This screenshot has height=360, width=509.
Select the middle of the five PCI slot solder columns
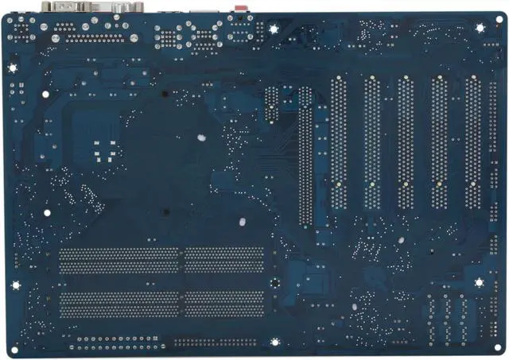click(406, 143)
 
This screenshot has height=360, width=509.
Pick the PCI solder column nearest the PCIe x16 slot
click(339, 143)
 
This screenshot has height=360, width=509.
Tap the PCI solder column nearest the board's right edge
click(472, 143)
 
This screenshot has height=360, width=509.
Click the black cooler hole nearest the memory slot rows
click(167, 212)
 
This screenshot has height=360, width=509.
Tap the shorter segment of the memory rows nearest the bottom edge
click(223, 304)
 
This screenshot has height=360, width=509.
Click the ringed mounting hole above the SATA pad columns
click(480, 282)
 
